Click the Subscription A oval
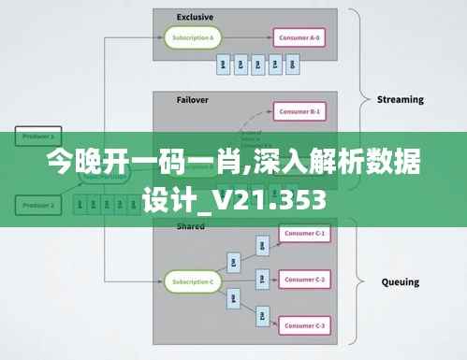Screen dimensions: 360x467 [193, 38]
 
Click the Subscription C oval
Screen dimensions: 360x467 [193, 281]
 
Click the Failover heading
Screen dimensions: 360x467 [192, 98]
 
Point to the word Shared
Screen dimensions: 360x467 [190, 226]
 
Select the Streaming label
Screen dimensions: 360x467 [400, 99]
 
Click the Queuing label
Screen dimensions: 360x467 [400, 281]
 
